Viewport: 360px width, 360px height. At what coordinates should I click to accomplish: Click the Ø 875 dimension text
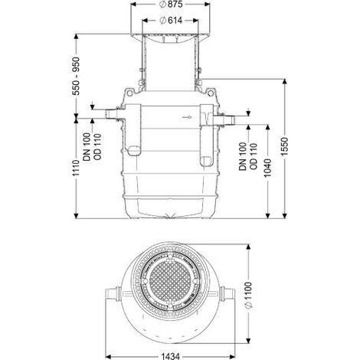(171, 5)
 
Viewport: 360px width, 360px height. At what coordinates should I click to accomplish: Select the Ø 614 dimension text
(171, 20)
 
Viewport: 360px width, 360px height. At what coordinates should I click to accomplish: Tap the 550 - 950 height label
(76, 76)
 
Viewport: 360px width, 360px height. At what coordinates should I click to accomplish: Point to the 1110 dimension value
(76, 168)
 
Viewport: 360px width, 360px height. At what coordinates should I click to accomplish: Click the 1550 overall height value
(285, 146)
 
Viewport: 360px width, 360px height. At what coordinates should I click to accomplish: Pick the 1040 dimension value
(267, 168)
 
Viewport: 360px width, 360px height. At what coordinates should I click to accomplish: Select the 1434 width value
(171, 356)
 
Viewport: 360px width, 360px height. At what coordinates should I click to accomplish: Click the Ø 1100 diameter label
(248, 295)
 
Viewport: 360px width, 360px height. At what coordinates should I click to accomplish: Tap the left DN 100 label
(87, 147)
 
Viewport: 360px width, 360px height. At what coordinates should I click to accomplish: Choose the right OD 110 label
(253, 156)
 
